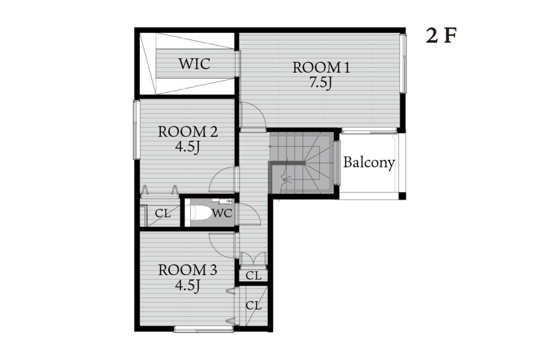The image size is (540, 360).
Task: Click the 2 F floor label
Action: click(441, 35)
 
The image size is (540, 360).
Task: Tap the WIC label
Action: click(194, 64)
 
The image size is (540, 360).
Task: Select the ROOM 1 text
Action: click(322, 67)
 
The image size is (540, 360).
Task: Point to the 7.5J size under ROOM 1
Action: click(321, 83)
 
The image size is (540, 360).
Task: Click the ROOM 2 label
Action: click(188, 132)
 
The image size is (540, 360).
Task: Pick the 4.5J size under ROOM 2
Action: click(188, 147)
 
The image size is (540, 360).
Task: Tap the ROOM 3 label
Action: click(188, 270)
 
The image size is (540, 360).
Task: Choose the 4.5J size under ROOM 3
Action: click(188, 285)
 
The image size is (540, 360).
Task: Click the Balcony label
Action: click(369, 162)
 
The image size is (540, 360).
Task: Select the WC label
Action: click(222, 213)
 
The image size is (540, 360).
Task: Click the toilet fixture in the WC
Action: click(198, 213)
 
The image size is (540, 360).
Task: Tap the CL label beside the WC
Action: click(163, 213)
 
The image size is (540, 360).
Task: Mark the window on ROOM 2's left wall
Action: click(136, 130)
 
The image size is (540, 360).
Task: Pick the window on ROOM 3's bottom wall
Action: click(204, 329)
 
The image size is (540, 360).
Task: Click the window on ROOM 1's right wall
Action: click(403, 63)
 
